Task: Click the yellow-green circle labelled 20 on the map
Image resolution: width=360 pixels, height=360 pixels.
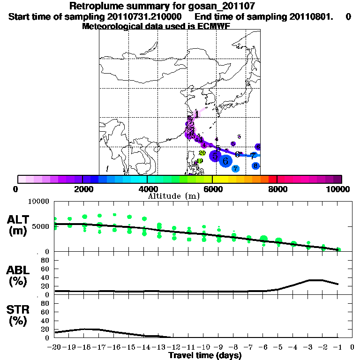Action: pyautogui.click(x=202, y=153)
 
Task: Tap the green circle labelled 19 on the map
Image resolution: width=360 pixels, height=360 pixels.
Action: pyautogui.click(x=200, y=161)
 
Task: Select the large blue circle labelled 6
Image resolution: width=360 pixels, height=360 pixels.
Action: pyautogui.click(x=225, y=161)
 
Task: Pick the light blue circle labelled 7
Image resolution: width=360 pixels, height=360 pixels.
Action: pyautogui.click(x=235, y=168)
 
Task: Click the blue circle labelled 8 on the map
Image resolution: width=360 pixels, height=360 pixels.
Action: pyautogui.click(x=255, y=165)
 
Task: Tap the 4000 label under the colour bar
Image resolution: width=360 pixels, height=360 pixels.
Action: pyautogui.click(x=147, y=189)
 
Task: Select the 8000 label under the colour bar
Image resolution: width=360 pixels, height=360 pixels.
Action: pyautogui.click(x=277, y=189)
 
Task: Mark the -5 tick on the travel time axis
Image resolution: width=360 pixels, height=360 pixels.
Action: pyautogui.click(x=278, y=347)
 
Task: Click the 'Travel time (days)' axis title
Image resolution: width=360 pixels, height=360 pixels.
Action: pyautogui.click(x=205, y=356)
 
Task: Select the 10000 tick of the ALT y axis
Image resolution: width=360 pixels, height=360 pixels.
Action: pyautogui.click(x=39, y=202)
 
